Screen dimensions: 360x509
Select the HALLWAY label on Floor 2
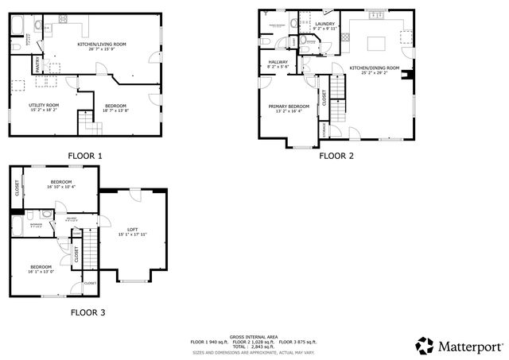click(x=278, y=61)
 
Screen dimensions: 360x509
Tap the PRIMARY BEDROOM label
click(x=288, y=106)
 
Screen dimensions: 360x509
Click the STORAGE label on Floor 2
click(x=322, y=127)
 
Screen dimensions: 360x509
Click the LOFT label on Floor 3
click(x=133, y=229)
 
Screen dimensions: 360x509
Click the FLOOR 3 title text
click(x=87, y=312)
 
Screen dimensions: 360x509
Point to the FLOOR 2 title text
click(x=336, y=156)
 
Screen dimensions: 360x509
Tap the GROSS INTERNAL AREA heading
click(x=254, y=336)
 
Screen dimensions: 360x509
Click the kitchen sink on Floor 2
click(x=376, y=14)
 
